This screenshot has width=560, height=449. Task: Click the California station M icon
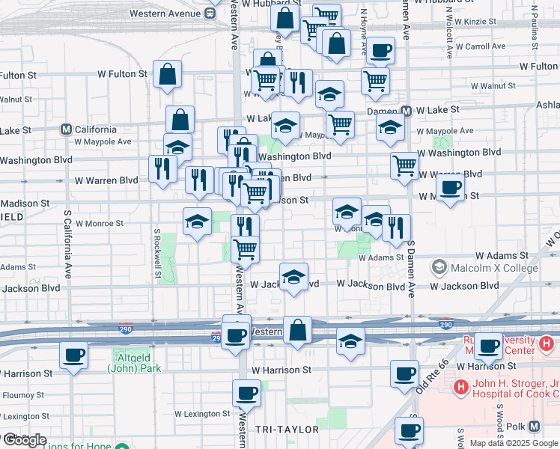pos(66,129)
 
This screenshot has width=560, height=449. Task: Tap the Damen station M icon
pos(407,111)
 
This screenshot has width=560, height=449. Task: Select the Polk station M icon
pos(535,427)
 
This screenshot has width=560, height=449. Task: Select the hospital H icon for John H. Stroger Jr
pos(461,388)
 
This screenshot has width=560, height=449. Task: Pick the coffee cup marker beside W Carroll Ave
pos(380,51)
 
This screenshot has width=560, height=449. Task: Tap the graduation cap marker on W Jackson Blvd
pos(294,277)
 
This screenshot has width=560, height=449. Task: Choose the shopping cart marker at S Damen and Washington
pos(404,165)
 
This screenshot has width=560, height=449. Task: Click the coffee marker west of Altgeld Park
pos(73,355)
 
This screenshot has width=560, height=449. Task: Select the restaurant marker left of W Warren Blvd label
pos(162,169)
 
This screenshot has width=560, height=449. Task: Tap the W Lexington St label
pos(200,413)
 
